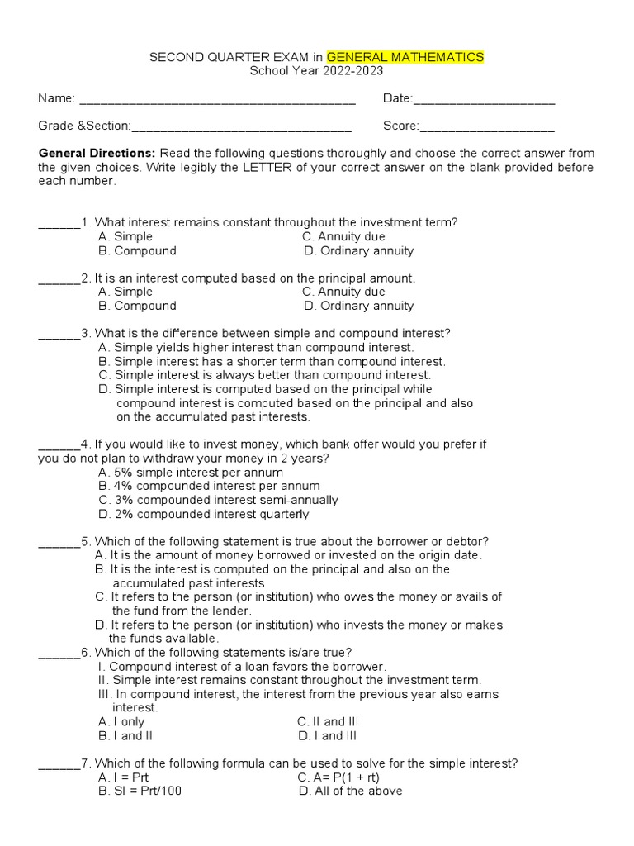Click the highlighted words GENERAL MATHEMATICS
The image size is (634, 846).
[x=405, y=57]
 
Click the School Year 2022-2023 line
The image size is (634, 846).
[x=317, y=71]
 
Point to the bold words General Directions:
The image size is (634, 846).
[x=97, y=154]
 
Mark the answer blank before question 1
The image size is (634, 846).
[x=59, y=224]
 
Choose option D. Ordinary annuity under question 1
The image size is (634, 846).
[x=358, y=251]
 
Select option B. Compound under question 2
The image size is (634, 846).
[x=137, y=306]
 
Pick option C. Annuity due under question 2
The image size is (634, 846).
[x=343, y=292]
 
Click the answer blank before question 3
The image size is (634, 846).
[x=59, y=335]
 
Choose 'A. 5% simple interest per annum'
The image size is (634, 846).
[x=190, y=473]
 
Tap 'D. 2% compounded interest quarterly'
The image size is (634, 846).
[x=203, y=514]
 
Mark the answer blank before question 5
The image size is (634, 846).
[x=59, y=543]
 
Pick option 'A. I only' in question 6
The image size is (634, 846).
[x=121, y=722]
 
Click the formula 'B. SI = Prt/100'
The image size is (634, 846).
[x=140, y=791]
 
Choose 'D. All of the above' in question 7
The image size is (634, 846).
[x=350, y=791]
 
